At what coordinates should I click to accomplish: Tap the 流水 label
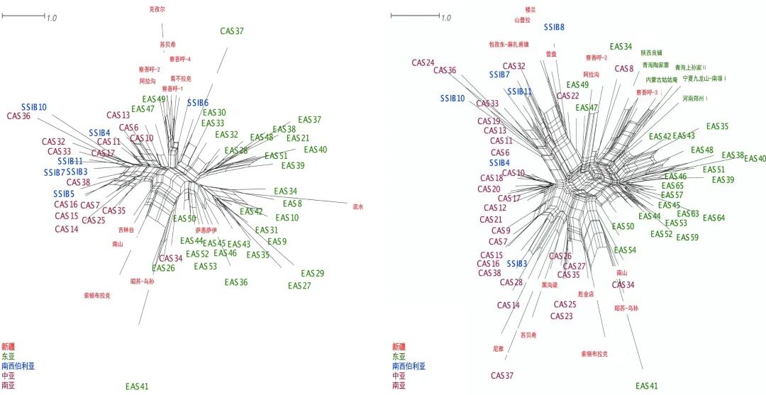pyautogui.click(x=357, y=207)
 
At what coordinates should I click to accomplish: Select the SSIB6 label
pyautogui.click(x=198, y=103)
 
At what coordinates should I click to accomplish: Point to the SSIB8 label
pyautogui.click(x=554, y=27)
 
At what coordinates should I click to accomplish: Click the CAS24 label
pyautogui.click(x=423, y=62)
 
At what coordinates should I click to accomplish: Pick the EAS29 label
pyautogui.click(x=312, y=273)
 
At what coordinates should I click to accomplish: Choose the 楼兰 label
pyautogui.click(x=531, y=9)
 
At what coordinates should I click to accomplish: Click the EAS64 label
pyautogui.click(x=714, y=218)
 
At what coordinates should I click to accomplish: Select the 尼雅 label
pyautogui.click(x=498, y=349)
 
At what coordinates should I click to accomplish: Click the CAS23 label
pyautogui.click(x=561, y=316)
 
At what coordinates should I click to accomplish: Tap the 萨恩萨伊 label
pyautogui.click(x=206, y=230)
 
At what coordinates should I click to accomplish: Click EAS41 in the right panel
pyautogui.click(x=647, y=386)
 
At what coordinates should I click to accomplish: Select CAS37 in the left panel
pyautogui.click(x=231, y=31)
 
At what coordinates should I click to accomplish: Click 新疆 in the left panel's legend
pyautogui.click(x=9, y=346)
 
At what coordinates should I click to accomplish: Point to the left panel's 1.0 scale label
pyautogui.click(x=52, y=18)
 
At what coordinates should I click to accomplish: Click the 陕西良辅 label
pyautogui.click(x=651, y=52)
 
